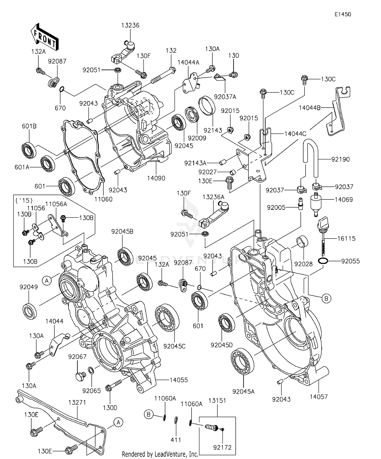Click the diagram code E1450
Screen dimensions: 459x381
pos(343,14)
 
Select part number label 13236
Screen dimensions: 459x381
pos(130,25)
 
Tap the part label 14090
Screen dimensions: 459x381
pos(156,178)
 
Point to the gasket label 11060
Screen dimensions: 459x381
pos(103,199)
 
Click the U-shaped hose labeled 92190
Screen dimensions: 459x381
pos(310,157)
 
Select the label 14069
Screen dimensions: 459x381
pos(343,200)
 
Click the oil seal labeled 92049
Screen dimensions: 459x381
pos(30,310)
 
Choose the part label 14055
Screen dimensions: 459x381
pos(179,380)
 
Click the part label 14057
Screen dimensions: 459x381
pos(319,397)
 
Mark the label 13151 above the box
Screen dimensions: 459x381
pos(217,401)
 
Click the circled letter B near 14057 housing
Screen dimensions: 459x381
pos(326,298)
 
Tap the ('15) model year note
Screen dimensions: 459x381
pos(24,201)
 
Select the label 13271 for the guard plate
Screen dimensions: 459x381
pos(77,402)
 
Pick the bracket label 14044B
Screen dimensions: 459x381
pos(309,108)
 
